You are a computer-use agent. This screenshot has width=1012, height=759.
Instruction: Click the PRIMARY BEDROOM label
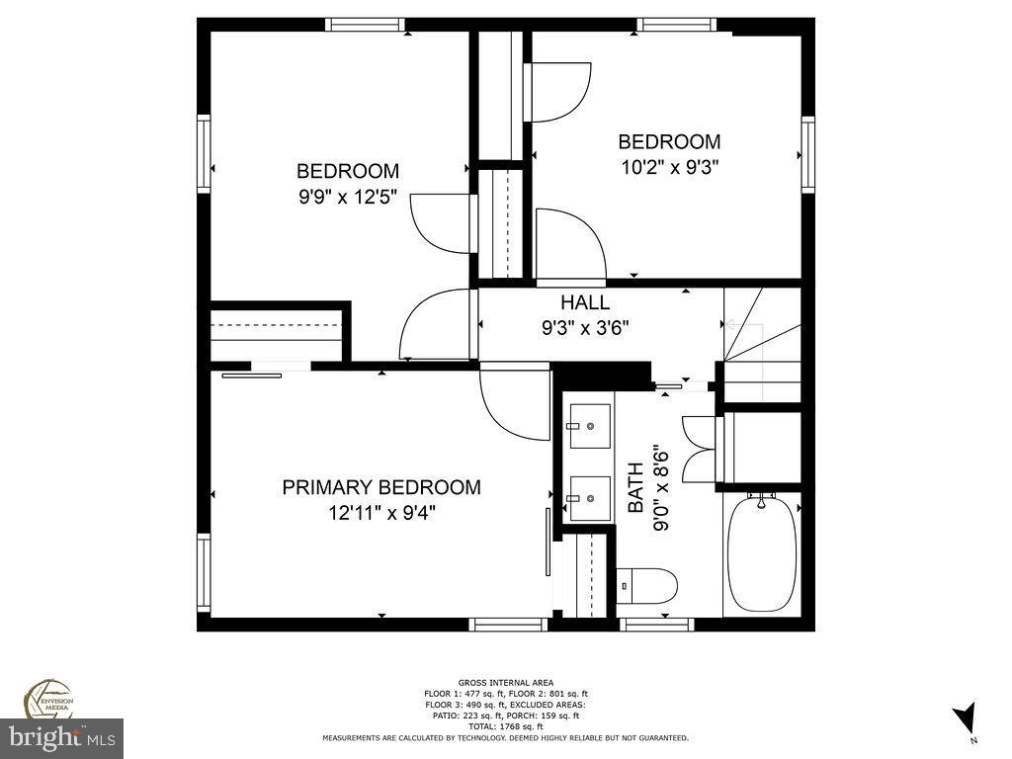coord(381,487)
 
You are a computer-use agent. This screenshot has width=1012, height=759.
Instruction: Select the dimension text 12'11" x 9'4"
coord(381,513)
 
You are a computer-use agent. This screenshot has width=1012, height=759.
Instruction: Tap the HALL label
coord(585,303)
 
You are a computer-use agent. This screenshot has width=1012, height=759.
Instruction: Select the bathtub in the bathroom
coord(762,552)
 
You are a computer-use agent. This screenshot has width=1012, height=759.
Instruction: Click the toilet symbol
coord(647,585)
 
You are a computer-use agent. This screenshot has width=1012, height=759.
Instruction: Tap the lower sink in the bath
coord(589,490)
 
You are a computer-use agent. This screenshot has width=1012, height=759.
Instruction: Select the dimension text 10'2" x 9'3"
coord(669,167)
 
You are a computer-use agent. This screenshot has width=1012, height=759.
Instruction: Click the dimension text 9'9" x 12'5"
coord(348,197)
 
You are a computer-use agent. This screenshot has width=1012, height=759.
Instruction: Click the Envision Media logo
coord(46,698)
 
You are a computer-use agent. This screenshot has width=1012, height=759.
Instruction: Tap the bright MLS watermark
coord(61,737)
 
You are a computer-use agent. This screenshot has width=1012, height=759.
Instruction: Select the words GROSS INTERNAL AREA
coord(505,682)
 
